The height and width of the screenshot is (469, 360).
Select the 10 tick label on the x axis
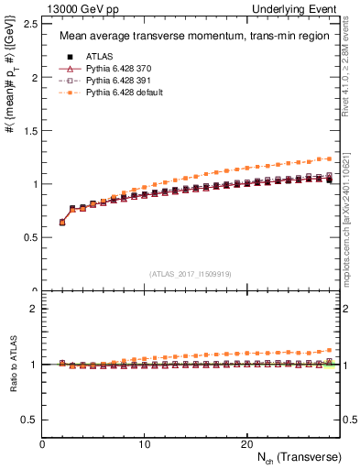144,444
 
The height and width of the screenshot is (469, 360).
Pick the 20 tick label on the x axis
246,444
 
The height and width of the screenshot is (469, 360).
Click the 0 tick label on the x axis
42,444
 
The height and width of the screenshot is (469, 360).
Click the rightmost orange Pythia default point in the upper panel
330,158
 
